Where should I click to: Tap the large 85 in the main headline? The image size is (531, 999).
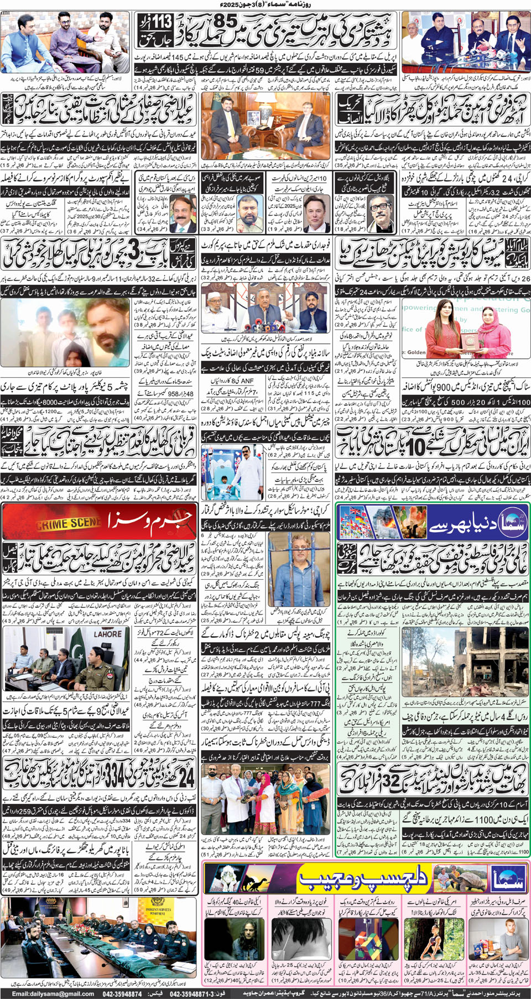[226, 22]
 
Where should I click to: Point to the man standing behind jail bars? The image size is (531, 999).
[299, 575]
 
